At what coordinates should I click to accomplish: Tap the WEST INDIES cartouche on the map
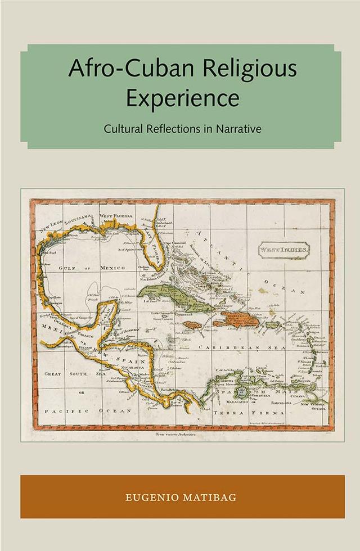[x=284, y=249]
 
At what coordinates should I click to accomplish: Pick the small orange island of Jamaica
[x=192, y=324]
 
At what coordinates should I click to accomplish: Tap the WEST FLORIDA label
[x=116, y=215]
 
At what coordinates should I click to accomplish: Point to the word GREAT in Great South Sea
[x=53, y=373]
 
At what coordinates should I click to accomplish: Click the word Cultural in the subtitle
[x=124, y=128]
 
